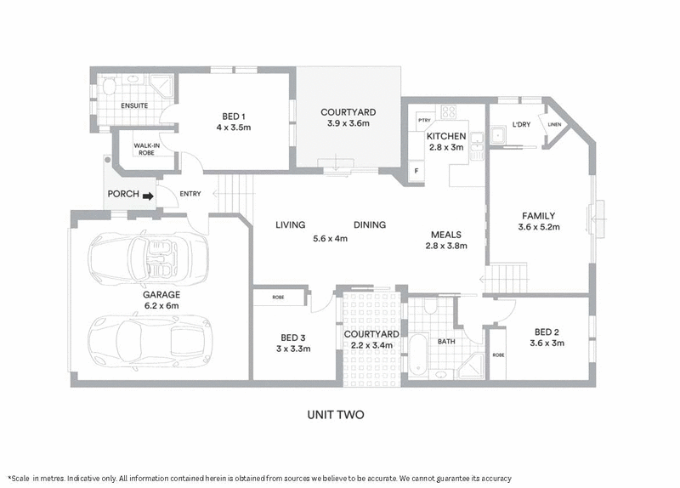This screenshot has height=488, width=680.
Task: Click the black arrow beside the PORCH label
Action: tap(148, 196)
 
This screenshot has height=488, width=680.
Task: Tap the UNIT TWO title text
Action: tap(336, 415)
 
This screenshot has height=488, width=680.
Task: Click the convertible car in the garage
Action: tap(147, 256)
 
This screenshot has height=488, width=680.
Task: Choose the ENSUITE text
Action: tap(134, 105)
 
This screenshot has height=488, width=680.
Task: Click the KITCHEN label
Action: tap(446, 136)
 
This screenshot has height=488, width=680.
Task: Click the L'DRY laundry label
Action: tap(520, 126)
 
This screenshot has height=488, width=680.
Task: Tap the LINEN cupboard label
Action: tap(554, 125)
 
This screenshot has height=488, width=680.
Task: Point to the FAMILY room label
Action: tap(539, 216)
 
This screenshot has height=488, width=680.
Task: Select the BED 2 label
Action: tap(547, 332)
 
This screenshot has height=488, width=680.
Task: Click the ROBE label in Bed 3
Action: tap(278, 298)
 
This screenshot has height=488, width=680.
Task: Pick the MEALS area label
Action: tap(446, 235)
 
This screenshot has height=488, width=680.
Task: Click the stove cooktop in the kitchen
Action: tap(447, 111)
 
